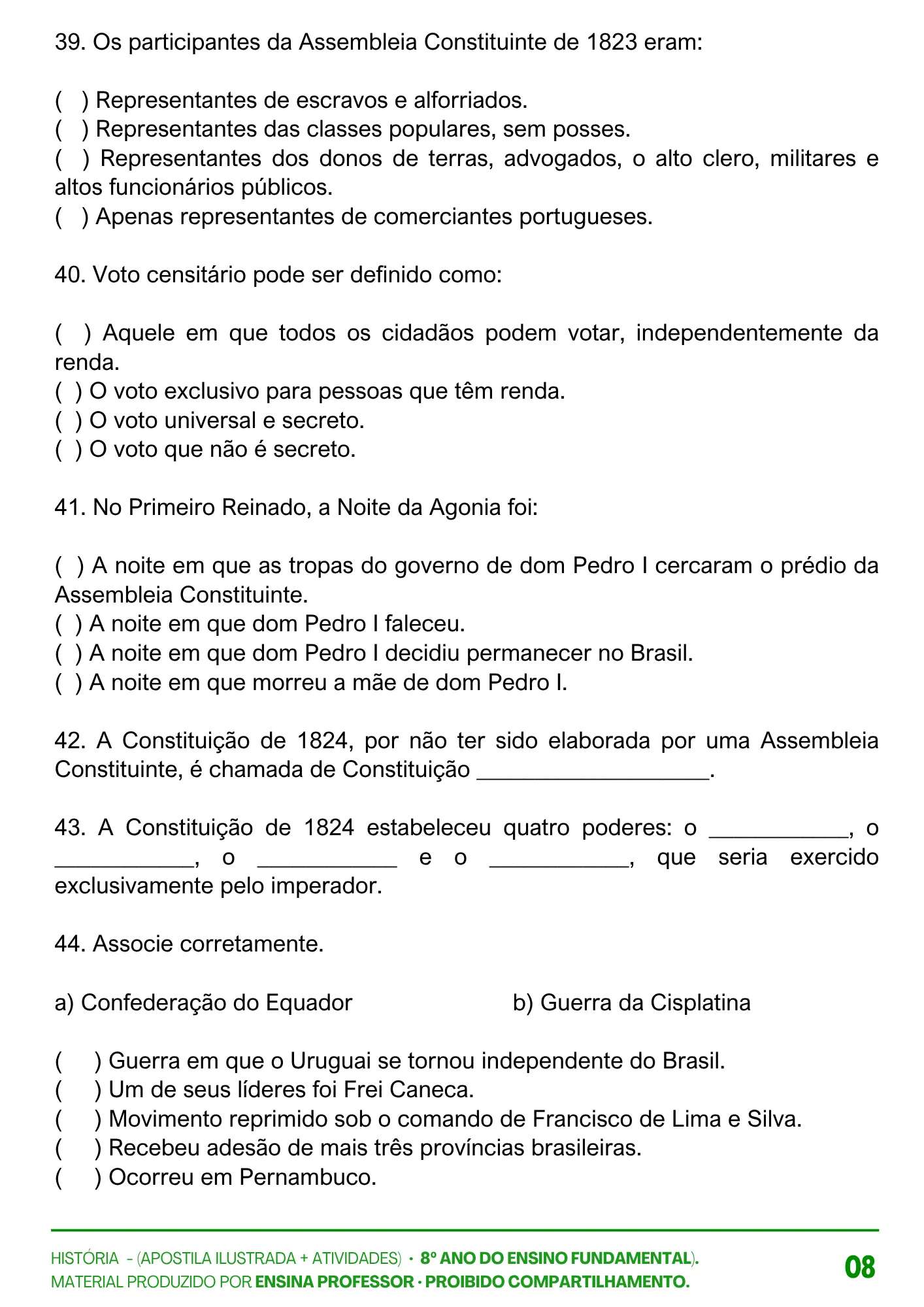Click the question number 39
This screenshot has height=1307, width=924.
click(69, 43)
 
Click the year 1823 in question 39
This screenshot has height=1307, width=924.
click(612, 43)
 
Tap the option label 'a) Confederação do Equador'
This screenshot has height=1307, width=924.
click(203, 1002)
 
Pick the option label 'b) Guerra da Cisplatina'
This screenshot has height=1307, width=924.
click(631, 1002)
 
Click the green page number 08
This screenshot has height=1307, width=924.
click(859, 1267)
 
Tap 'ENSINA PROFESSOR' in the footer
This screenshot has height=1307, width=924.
click(335, 1282)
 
